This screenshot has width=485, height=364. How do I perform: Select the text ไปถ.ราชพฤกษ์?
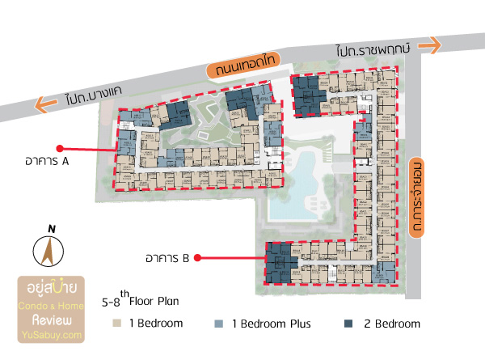tap(376, 50)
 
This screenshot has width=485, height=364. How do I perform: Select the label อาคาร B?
tap(167, 259)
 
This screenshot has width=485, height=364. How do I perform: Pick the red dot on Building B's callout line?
tap(199, 259)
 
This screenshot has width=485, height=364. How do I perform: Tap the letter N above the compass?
tap(51, 229)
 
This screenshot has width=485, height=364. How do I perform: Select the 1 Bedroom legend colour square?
tap(118, 324)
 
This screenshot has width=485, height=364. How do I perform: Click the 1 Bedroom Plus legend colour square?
tap(218, 324)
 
